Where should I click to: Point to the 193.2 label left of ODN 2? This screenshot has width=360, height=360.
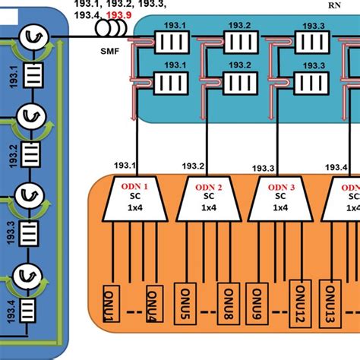(194, 166)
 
